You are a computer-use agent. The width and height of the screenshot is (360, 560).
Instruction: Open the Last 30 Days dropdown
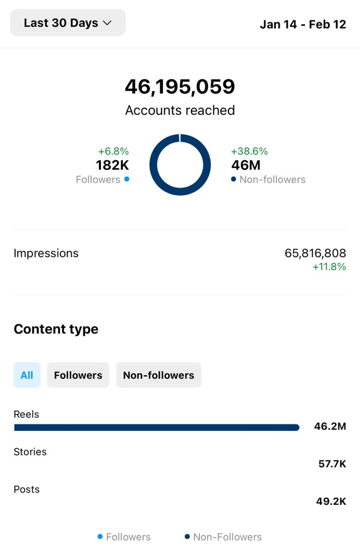click(x=68, y=23)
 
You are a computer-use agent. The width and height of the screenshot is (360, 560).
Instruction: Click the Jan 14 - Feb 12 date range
click(x=303, y=24)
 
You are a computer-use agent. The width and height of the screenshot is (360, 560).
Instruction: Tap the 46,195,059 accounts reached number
click(x=180, y=87)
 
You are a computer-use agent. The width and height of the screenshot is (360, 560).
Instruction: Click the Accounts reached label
click(x=180, y=110)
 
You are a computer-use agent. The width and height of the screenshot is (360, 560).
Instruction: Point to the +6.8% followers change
click(x=114, y=151)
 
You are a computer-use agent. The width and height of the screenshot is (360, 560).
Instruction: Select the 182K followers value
click(x=112, y=165)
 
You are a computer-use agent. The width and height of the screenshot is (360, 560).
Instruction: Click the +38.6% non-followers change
click(x=249, y=151)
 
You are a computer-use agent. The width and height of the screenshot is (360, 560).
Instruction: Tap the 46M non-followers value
click(x=246, y=165)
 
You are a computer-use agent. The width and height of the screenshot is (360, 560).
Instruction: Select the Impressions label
click(x=46, y=253)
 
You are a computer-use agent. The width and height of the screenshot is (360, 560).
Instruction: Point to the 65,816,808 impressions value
click(x=315, y=253)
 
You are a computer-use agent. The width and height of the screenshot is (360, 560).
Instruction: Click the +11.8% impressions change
click(x=329, y=267)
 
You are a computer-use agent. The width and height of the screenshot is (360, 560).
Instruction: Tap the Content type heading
click(x=56, y=329)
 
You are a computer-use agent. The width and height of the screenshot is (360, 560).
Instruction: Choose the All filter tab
click(x=27, y=375)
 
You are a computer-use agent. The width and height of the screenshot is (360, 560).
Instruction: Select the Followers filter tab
click(x=78, y=375)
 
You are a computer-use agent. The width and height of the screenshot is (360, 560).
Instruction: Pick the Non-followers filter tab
click(x=158, y=375)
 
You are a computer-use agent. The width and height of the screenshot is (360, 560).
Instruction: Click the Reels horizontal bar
click(x=156, y=428)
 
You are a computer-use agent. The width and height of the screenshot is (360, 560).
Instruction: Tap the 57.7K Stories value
click(x=332, y=464)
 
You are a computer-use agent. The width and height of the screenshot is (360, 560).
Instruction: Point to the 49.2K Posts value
click(x=331, y=502)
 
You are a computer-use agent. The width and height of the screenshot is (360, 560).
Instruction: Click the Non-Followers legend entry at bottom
click(x=223, y=537)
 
